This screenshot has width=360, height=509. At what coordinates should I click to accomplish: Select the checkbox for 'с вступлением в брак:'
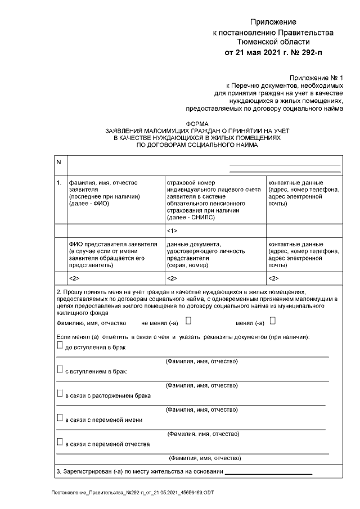[60, 370]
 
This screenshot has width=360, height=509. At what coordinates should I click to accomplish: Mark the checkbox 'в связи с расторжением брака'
[60, 394]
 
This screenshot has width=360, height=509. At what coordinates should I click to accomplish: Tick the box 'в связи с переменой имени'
[60, 418]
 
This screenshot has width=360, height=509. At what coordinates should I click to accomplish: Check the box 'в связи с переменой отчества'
[60, 443]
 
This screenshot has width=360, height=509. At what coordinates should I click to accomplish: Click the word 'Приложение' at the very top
[273, 21]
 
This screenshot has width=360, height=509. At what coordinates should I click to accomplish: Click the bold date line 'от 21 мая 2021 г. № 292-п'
[274, 53]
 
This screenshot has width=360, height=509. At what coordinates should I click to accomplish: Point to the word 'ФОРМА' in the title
[196, 123]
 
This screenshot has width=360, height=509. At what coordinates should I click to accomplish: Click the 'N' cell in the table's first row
[58, 163]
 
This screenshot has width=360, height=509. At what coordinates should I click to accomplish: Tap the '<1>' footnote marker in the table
[172, 231]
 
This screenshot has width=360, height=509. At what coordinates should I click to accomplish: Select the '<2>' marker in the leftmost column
[73, 278]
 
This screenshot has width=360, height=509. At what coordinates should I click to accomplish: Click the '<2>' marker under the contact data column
[273, 278]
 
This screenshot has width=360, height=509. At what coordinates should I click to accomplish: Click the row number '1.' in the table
[59, 183]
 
